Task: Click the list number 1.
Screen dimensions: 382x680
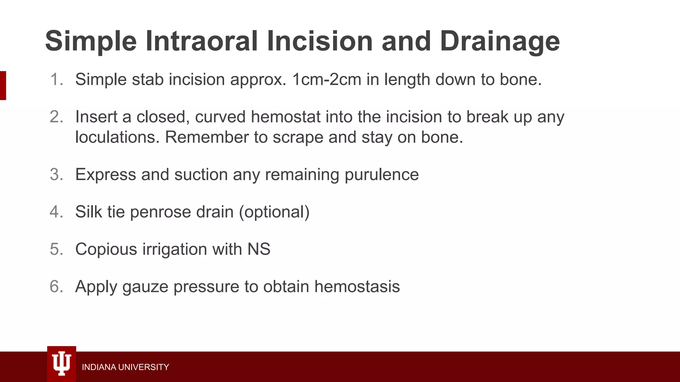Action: click(56, 80)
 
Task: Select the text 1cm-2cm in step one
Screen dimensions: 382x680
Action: click(326, 80)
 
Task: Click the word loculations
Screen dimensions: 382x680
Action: click(117, 137)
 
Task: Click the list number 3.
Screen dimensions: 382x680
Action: click(56, 174)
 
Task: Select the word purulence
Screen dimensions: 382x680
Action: click(382, 175)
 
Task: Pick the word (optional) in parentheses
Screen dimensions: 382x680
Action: click(274, 212)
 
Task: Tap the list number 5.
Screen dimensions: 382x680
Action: click(56, 249)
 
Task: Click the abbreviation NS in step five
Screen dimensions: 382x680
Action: click(259, 249)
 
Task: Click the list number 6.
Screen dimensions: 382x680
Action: click(56, 286)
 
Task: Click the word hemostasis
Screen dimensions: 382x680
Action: click(357, 286)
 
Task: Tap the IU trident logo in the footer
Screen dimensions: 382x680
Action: click(62, 364)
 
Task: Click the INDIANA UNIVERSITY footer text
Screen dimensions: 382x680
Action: click(125, 367)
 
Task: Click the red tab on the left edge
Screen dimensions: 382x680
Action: click(3, 85)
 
